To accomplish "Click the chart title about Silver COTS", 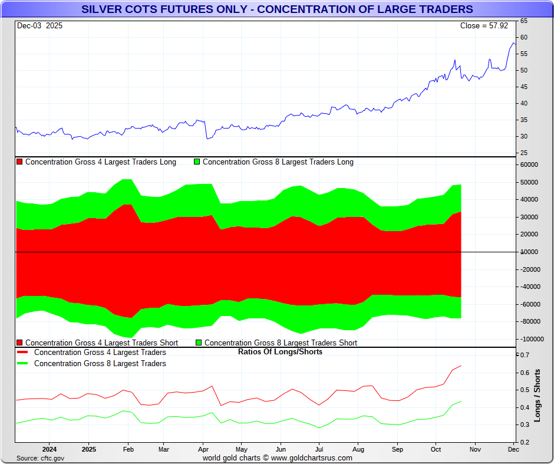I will click(x=276, y=9).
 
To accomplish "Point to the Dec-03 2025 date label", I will click(x=39, y=26).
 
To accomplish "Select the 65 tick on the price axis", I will click(x=523, y=21).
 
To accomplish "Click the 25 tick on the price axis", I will click(x=523, y=153).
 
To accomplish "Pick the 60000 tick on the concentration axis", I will click(x=529, y=165).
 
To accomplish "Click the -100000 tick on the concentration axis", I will click(x=530, y=339).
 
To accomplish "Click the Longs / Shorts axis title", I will click(x=537, y=396).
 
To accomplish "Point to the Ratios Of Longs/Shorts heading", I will click(x=280, y=352).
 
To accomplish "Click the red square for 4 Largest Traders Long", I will click(x=20, y=162).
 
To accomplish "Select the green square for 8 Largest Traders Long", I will click(x=197, y=162).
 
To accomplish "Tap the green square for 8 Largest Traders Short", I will click(x=199, y=343).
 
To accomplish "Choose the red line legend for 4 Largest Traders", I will click(x=23, y=353).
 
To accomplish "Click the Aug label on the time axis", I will click(x=358, y=450).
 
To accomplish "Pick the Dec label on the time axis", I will click(x=513, y=450).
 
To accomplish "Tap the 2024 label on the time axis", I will click(x=49, y=450).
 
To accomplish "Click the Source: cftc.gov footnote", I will click(x=40, y=458).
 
